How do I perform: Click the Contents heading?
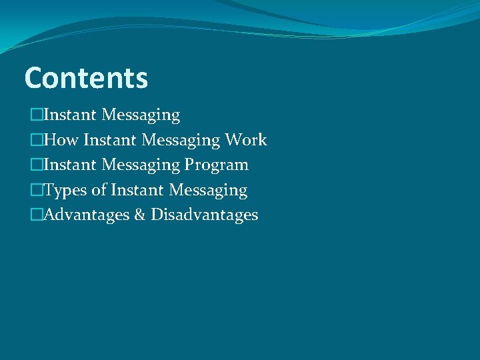point(86,78)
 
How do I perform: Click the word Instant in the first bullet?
point(69,115)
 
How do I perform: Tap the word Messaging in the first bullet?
point(141,115)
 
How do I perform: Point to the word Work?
point(246,140)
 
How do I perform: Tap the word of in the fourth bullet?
point(99,190)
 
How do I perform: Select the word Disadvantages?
point(204,215)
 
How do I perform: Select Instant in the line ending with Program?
point(69,165)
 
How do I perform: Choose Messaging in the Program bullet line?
point(141,165)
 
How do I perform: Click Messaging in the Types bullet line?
point(208,190)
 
